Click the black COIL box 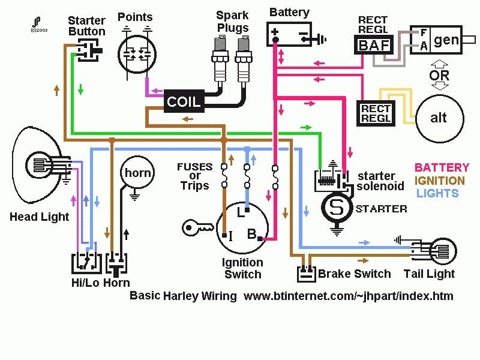click(184, 101)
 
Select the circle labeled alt click(439, 118)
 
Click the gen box click(446, 40)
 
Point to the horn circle click(137, 173)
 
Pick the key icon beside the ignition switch click(197, 227)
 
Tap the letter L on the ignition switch click(239, 212)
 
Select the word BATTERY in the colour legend click(442, 167)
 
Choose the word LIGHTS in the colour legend click(437, 193)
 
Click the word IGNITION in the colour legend click(440, 180)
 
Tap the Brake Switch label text click(354, 274)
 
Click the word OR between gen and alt click(439, 76)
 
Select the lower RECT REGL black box click(375, 113)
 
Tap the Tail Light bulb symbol click(443, 249)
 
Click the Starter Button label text click(86, 26)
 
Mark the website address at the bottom click(349, 296)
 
